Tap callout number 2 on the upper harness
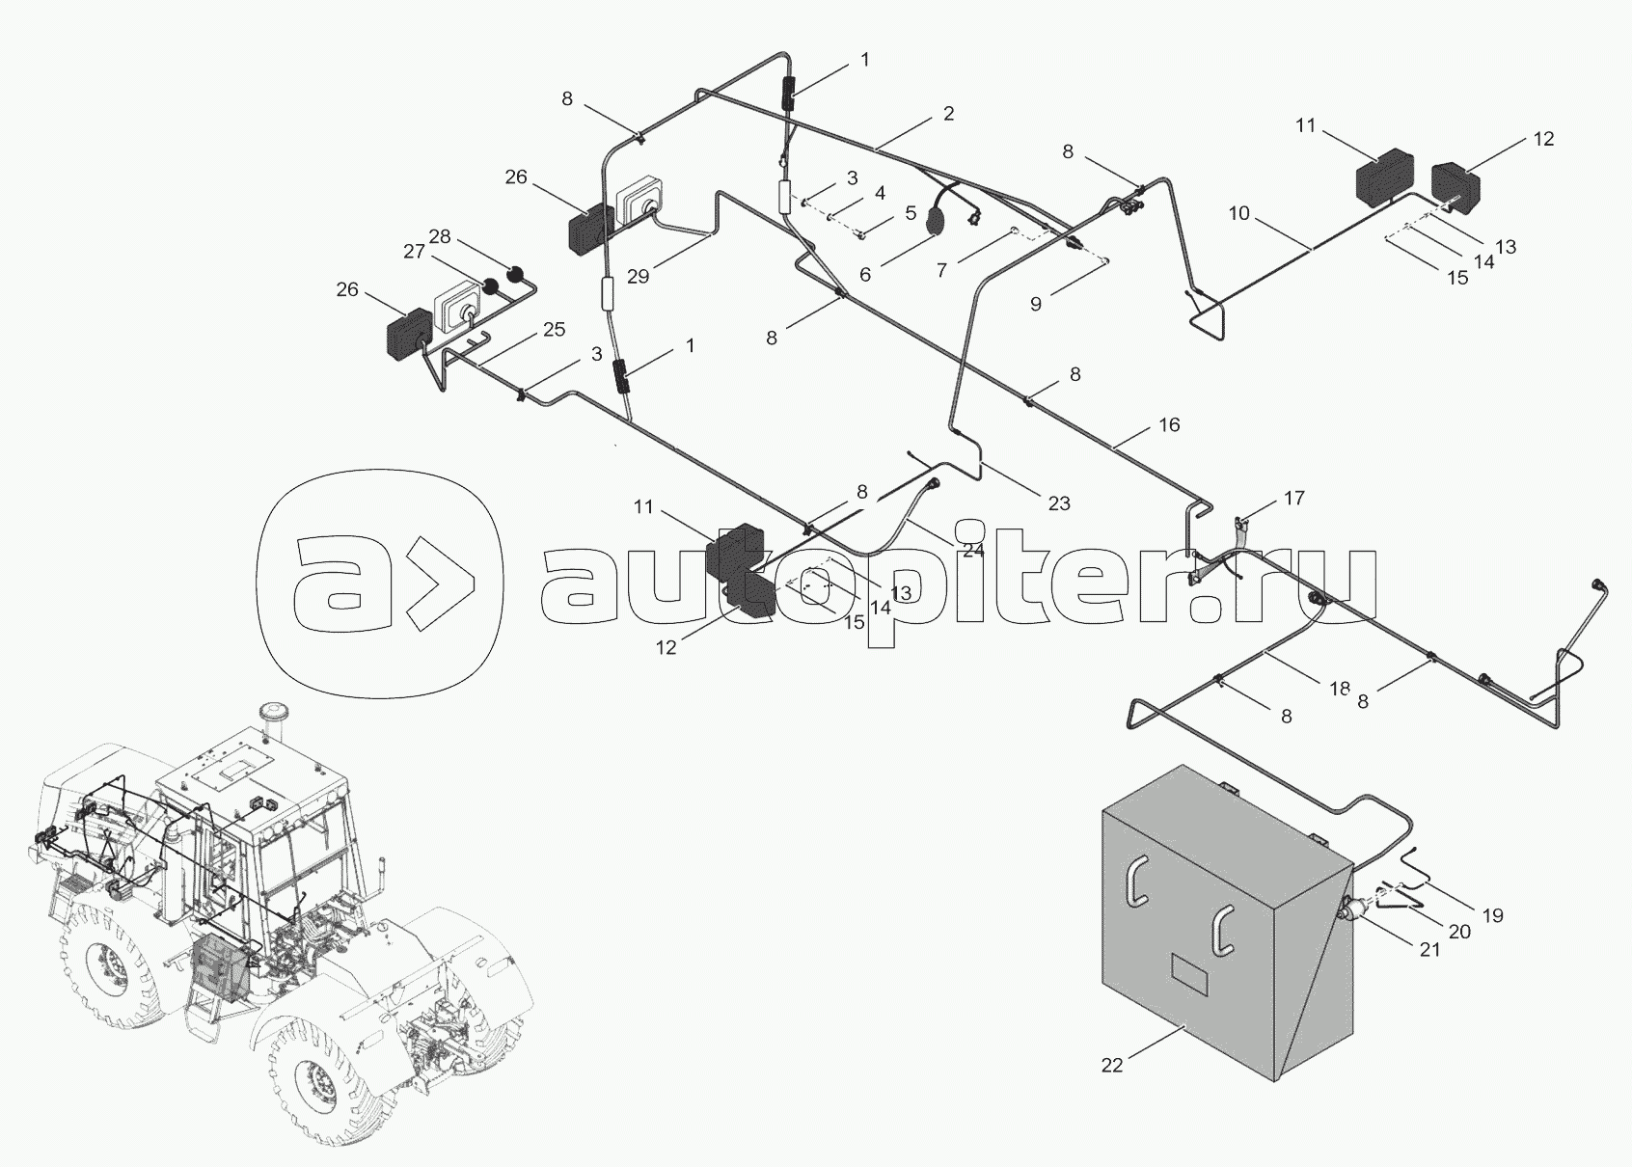point(948,114)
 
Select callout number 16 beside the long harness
point(1169,424)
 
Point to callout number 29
point(638,277)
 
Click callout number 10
point(1238,213)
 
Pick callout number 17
point(1294,499)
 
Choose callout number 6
point(865,275)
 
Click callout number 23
point(1059,502)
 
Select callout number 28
point(439,236)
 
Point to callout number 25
point(554,329)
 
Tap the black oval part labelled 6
point(934,220)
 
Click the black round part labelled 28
point(516,276)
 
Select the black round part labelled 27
point(491,286)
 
